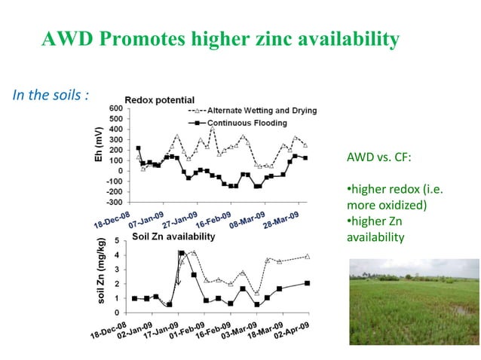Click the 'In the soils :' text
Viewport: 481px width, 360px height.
pos(51,96)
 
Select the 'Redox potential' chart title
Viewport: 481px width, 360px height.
pos(159,99)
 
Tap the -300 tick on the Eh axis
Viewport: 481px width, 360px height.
pos(115,202)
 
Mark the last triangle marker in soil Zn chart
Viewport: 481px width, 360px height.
pos(306,257)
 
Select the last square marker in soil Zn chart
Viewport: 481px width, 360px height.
pos(306,283)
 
